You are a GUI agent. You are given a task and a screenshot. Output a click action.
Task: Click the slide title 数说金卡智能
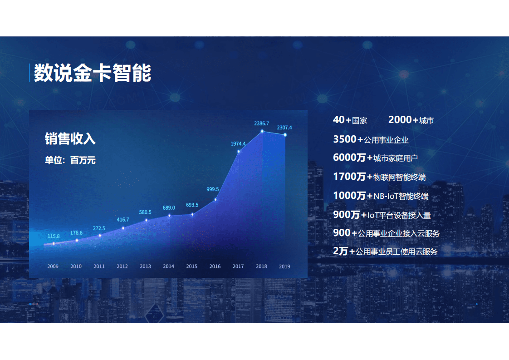pos(93,73)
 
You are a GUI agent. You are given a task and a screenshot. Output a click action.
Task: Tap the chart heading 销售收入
pos(70,138)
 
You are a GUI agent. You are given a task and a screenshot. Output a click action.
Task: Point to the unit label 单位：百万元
pos(70,160)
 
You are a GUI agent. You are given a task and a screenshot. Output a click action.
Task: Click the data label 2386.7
pos(261,123)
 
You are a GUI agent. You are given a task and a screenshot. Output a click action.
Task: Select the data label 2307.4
pos(284,128)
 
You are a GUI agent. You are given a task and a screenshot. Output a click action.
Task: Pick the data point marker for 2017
pos(239,151)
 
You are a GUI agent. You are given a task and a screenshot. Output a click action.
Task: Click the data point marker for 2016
pos(215,199)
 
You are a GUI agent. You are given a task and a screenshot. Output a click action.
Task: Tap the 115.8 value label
pos(54,236)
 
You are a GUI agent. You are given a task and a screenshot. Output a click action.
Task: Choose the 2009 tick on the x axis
pos(53,266)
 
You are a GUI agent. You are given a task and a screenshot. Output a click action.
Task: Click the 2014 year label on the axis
pos(168,266)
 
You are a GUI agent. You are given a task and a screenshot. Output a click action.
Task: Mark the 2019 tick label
pos(284,266)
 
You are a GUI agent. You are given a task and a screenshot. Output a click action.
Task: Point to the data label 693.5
pos(192,205)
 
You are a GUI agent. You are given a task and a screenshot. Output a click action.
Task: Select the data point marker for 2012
pos(123,228)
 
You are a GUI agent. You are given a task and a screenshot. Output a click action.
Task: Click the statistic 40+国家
pos(350,120)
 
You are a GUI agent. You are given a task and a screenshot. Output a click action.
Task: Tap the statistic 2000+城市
pos(411,120)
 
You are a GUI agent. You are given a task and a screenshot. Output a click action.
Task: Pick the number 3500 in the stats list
pos(345,139)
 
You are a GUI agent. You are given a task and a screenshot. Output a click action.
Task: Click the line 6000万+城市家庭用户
pos(375,158)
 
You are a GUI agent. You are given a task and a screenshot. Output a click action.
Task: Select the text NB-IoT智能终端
pos(401,196)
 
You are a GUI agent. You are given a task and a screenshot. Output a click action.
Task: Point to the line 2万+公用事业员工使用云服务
pos(385,251)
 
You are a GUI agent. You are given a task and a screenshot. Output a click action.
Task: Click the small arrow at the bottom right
pos(473,304)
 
